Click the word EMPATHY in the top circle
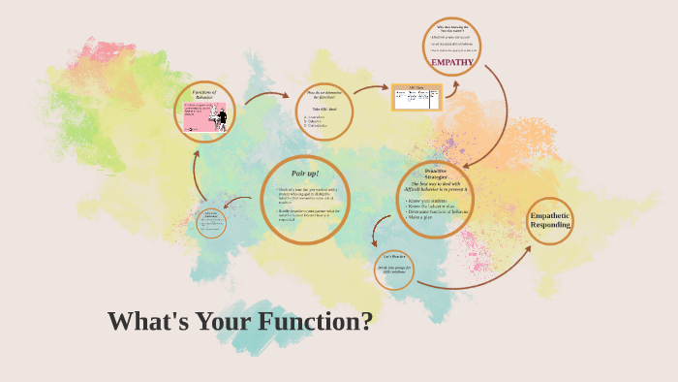click(451, 63)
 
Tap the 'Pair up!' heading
click(305, 172)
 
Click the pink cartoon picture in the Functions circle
click(205, 117)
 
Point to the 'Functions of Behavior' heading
click(205, 92)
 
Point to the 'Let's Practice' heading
click(394, 259)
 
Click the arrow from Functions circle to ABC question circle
click(266, 95)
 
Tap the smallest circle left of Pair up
click(211, 223)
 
